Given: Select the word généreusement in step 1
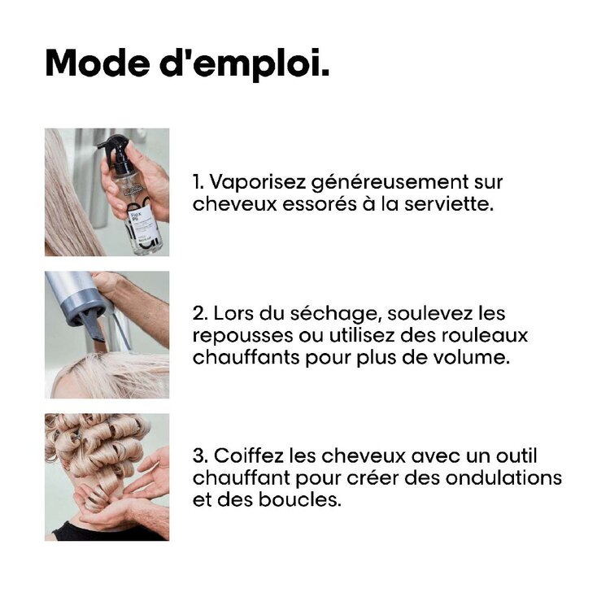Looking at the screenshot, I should [383, 182].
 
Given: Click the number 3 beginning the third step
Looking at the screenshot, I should [198, 456].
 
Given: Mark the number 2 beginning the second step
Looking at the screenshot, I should [198, 314].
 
